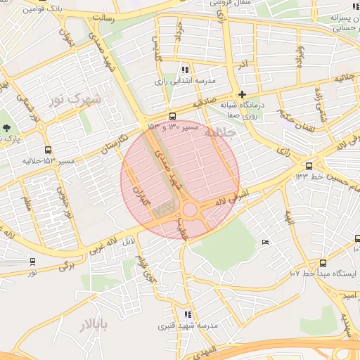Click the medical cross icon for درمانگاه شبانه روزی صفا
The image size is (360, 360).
242,94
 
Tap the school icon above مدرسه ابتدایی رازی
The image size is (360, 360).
185,70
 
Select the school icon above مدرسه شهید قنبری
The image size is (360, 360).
187,314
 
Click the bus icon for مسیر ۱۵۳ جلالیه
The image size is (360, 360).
48,150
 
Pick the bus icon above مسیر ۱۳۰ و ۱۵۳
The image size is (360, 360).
172,116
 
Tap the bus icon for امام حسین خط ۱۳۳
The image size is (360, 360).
309,166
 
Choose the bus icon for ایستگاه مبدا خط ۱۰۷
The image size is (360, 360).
323,262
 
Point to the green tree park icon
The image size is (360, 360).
7,128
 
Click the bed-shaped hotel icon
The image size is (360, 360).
265,243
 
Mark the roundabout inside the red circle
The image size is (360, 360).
190,210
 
